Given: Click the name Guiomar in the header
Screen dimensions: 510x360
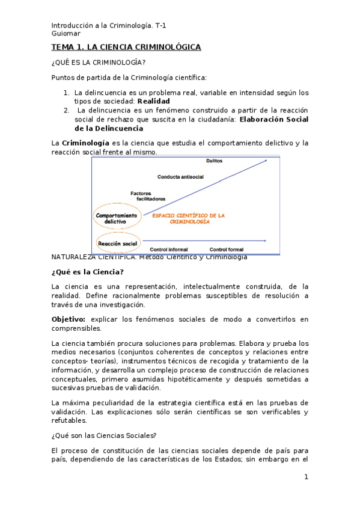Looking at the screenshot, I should (x=66, y=34).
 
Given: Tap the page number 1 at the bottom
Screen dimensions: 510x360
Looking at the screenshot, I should (x=306, y=477).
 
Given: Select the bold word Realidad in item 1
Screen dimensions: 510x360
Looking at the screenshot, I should (x=154, y=102).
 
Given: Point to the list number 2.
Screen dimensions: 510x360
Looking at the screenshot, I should (x=66, y=111).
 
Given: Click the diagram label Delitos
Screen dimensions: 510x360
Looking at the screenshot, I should (x=215, y=161).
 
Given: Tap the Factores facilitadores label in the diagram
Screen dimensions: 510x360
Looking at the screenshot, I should (x=147, y=195).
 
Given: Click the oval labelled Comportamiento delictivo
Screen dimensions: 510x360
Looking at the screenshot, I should (x=115, y=218).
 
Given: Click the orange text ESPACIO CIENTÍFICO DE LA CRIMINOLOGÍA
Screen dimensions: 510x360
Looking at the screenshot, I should (x=189, y=218).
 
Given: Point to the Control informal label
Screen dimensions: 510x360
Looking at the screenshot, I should (x=169, y=249).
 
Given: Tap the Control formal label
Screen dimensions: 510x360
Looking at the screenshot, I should (x=227, y=249).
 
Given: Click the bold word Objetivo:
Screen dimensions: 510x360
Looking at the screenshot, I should (x=69, y=319).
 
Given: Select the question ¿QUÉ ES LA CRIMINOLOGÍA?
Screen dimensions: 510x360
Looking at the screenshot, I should (x=99, y=63).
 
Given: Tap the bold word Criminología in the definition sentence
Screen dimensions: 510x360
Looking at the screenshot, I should (x=85, y=143).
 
